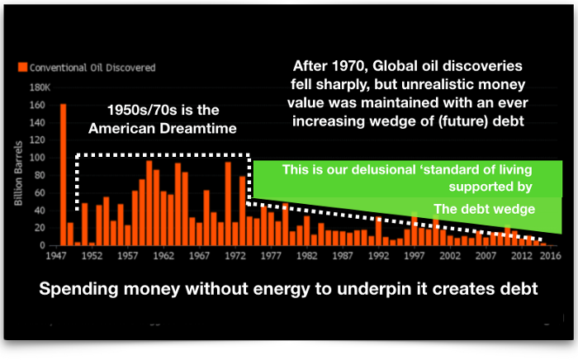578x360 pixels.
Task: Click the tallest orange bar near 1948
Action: (x=63, y=174)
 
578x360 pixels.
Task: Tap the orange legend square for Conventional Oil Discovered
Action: (x=22, y=67)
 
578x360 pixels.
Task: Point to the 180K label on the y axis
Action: (x=40, y=88)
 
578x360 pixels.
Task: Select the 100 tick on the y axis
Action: (x=38, y=158)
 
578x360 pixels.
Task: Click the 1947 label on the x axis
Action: (x=56, y=256)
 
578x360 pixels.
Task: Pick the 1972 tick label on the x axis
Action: (x=235, y=256)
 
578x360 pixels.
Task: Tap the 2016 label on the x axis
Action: (x=551, y=256)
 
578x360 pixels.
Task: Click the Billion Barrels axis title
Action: (x=18, y=173)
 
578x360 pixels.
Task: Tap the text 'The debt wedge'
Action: (x=484, y=209)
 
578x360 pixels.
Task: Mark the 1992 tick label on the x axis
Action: (x=378, y=256)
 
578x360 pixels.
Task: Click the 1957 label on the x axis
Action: (x=127, y=256)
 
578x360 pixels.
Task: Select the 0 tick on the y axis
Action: (x=43, y=245)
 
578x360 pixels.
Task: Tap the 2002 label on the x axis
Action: (x=450, y=256)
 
